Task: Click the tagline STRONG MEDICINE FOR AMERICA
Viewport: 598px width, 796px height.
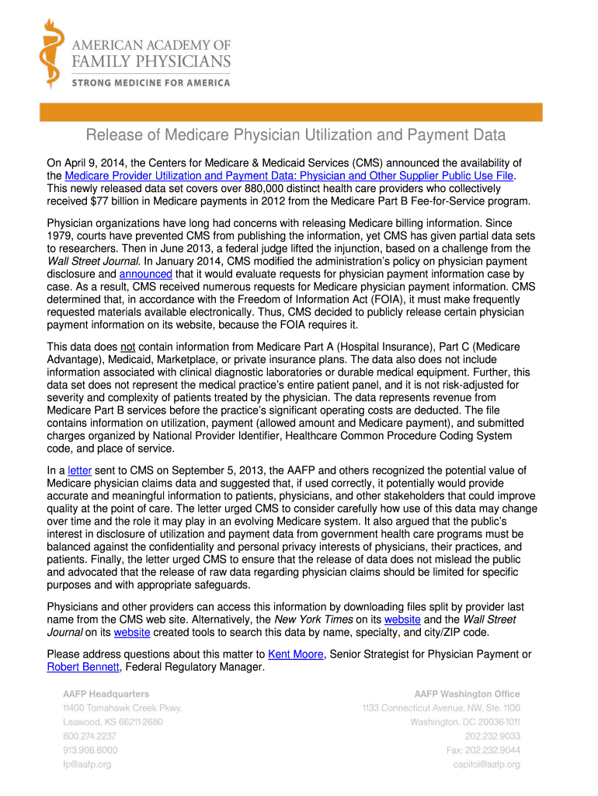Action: click(x=151, y=82)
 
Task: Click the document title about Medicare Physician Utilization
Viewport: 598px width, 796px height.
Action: click(x=296, y=135)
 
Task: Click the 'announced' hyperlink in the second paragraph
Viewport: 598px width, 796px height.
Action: click(x=145, y=274)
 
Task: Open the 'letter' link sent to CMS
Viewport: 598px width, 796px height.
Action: click(x=79, y=470)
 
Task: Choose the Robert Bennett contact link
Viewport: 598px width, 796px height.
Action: click(x=83, y=667)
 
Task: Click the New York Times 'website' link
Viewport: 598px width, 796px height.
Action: click(x=402, y=620)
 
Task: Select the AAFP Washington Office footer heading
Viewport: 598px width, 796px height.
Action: click(x=467, y=693)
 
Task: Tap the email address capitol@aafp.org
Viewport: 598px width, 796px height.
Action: click(x=487, y=764)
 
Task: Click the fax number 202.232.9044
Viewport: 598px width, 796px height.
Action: click(x=482, y=750)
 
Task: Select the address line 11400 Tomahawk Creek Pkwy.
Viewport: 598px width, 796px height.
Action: click(x=123, y=707)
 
